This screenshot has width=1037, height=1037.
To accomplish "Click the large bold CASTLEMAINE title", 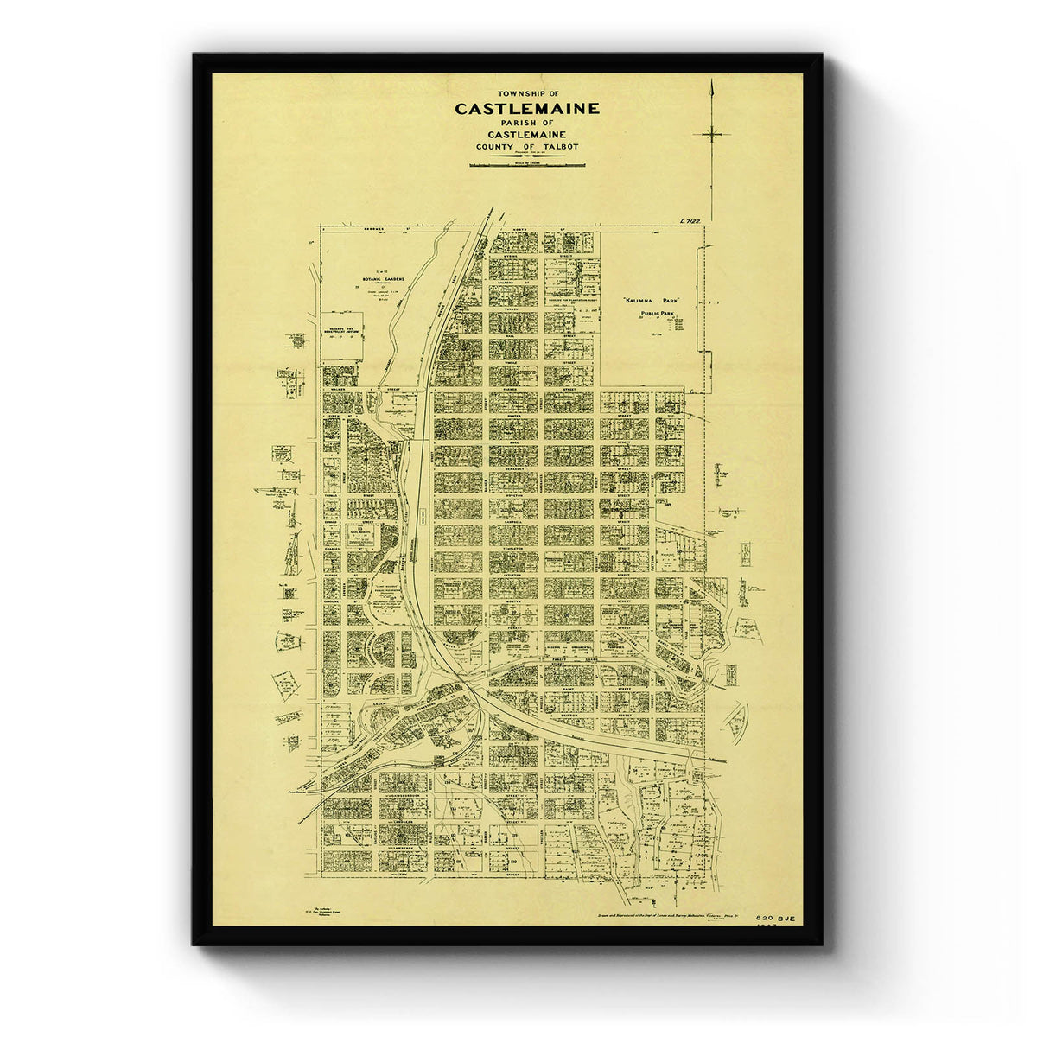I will coord(526,110).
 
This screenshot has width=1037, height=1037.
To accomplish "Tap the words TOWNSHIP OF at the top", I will coord(527,93).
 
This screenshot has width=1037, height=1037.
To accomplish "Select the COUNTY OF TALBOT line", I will coord(526,147).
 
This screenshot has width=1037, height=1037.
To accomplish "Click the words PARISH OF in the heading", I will coord(526,123).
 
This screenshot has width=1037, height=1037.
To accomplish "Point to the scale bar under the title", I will coord(526,162).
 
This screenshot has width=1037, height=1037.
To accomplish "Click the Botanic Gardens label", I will coord(383,280).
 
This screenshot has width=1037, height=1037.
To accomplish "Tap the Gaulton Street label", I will coord(568,715).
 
